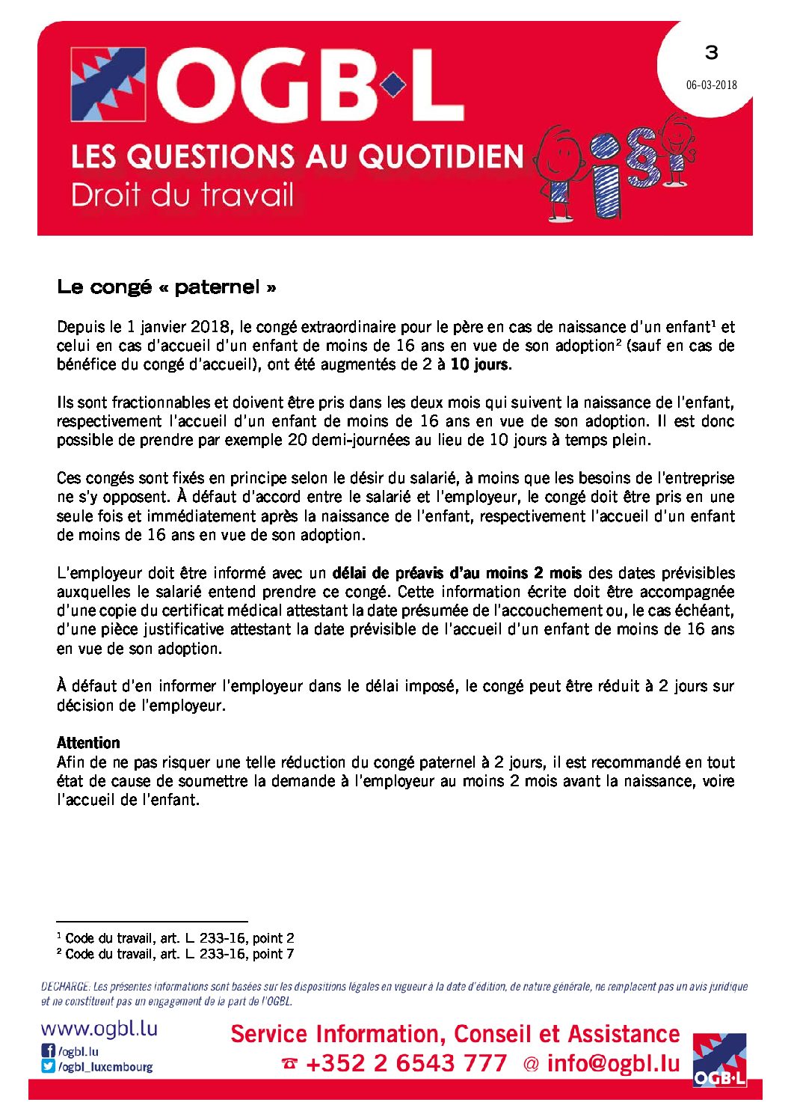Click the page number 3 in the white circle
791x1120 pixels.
click(x=711, y=52)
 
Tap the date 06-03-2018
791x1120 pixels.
click(x=711, y=85)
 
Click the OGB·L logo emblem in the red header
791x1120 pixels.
click(x=108, y=85)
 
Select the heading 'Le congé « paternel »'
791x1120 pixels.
click(x=167, y=287)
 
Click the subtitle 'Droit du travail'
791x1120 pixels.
click(x=182, y=195)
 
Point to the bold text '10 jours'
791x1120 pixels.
click(x=480, y=365)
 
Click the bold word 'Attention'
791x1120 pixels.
click(x=88, y=743)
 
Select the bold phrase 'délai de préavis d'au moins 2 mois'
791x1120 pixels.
click(x=457, y=573)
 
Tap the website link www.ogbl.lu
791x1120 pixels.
click(x=99, y=1029)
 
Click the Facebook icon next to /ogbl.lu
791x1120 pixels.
click(x=49, y=1051)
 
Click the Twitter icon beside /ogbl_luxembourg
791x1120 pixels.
click(x=49, y=1067)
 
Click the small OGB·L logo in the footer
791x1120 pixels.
click(x=719, y=1059)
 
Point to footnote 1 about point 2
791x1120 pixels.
click(x=176, y=938)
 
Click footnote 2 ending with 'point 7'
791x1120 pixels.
click(x=176, y=954)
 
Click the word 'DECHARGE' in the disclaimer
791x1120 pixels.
click(x=66, y=987)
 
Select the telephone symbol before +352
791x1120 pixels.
click(x=289, y=1064)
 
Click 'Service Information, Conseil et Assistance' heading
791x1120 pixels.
click(x=455, y=1034)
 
